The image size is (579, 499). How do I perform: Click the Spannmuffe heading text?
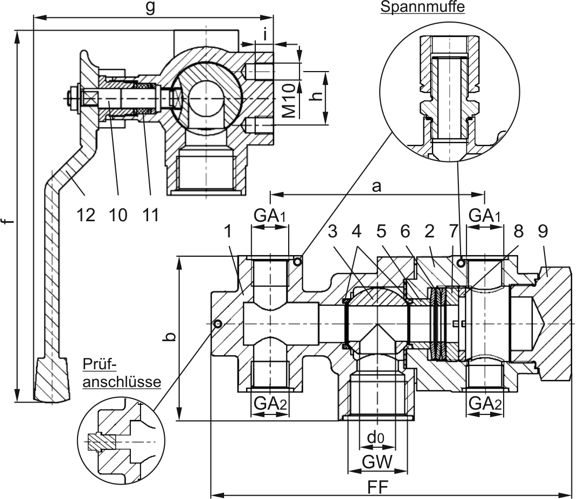click(422, 7)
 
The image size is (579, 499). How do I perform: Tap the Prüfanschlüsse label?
click(122, 373)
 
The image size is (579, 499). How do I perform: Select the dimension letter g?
click(150, 8)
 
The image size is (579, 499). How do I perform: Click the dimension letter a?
click(376, 187)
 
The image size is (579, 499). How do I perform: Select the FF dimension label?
click(378, 487)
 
